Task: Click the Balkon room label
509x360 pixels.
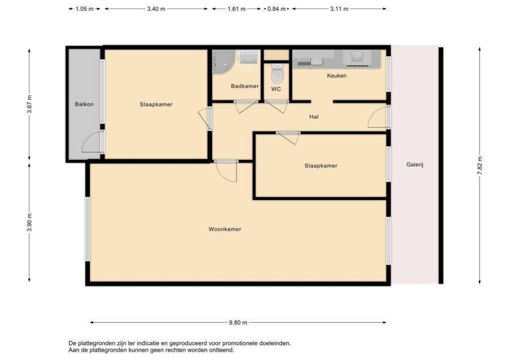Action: [x=84, y=104]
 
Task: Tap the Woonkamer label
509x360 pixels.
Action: [x=225, y=229]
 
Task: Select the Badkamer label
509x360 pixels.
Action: [x=245, y=86]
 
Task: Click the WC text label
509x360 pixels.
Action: [x=276, y=89]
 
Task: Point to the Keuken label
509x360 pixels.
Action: [x=337, y=76]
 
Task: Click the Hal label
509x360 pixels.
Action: [x=314, y=117]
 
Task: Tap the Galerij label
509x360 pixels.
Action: [x=415, y=165]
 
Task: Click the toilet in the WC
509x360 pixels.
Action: [x=277, y=74]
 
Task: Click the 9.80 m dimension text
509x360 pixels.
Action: [x=238, y=323]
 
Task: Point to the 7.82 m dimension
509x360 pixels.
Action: [x=480, y=166]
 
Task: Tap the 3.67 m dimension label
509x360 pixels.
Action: [x=29, y=104]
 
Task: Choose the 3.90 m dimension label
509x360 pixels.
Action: [x=29, y=223]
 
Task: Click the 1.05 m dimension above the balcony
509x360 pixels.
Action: [x=85, y=9]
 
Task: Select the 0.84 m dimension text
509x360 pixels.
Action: [x=276, y=9]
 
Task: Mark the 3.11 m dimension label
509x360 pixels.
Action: [x=339, y=9]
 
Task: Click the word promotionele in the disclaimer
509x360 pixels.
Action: [x=240, y=343]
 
